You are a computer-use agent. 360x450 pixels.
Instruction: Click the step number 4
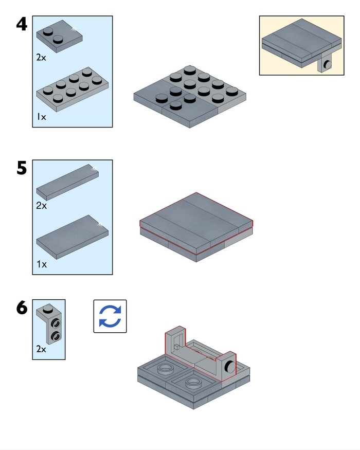pyautogui.click(x=21, y=24)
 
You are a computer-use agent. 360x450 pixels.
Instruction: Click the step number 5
pyautogui.click(x=21, y=168)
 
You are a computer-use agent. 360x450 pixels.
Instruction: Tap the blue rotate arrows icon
pyautogui.click(x=110, y=316)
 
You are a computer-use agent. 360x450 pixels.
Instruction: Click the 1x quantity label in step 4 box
pyautogui.click(x=42, y=117)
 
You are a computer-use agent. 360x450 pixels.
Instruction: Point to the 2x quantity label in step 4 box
pyautogui.click(x=41, y=58)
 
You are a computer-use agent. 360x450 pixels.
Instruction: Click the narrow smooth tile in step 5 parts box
pyautogui.click(x=67, y=183)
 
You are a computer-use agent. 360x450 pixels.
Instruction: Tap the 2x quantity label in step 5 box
pyautogui.click(x=41, y=206)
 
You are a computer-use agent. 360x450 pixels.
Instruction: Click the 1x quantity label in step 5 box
pyautogui.click(x=42, y=264)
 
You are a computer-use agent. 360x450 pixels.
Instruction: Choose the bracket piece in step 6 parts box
pyautogui.click(x=49, y=325)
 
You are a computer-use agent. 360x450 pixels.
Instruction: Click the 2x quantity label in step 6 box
pyautogui.click(x=41, y=349)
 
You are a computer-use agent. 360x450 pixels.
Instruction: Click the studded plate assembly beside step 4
pyautogui.click(x=190, y=95)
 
